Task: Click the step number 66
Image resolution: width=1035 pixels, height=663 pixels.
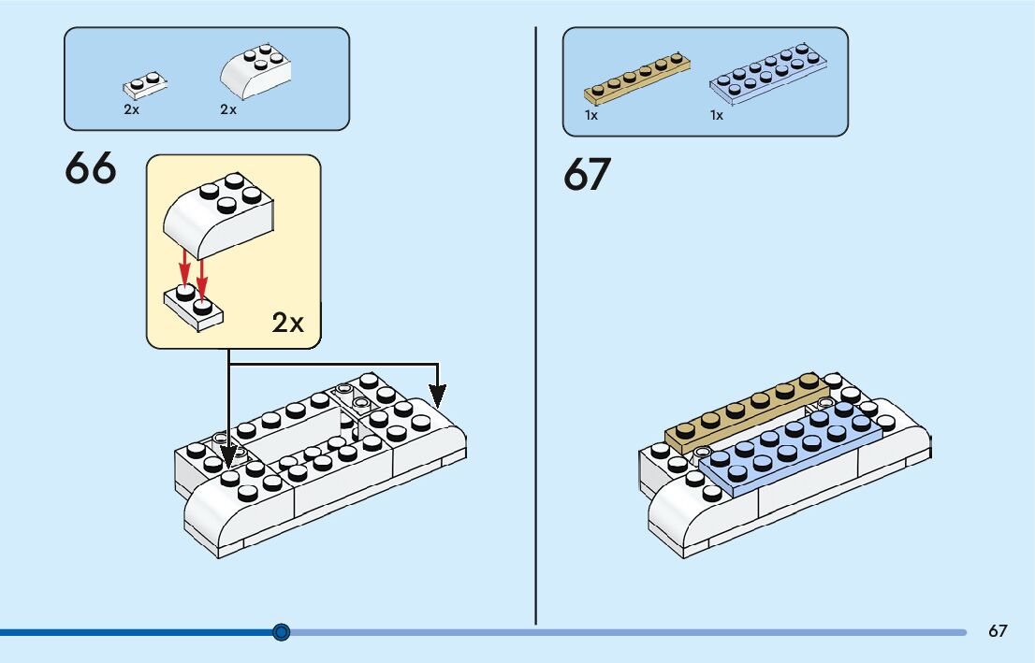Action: click(x=91, y=169)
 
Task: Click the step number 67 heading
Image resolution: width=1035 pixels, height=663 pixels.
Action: click(x=588, y=175)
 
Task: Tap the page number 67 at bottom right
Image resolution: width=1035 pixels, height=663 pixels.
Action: click(x=998, y=631)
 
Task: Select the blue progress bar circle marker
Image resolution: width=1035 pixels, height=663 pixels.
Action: click(x=282, y=632)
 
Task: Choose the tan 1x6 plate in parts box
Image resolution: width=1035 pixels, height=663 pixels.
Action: click(x=637, y=78)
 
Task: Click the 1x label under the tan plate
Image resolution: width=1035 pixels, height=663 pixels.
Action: click(x=591, y=116)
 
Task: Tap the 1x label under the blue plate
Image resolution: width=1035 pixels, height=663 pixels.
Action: click(x=717, y=116)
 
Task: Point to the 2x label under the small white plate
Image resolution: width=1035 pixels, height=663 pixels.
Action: click(x=131, y=109)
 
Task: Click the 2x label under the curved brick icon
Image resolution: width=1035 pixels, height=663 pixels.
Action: click(x=228, y=109)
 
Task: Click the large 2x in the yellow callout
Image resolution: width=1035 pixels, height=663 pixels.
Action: click(x=288, y=323)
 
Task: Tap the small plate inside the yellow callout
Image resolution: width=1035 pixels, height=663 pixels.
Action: click(x=195, y=305)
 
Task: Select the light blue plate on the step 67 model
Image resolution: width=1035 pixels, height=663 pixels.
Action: click(x=791, y=449)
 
